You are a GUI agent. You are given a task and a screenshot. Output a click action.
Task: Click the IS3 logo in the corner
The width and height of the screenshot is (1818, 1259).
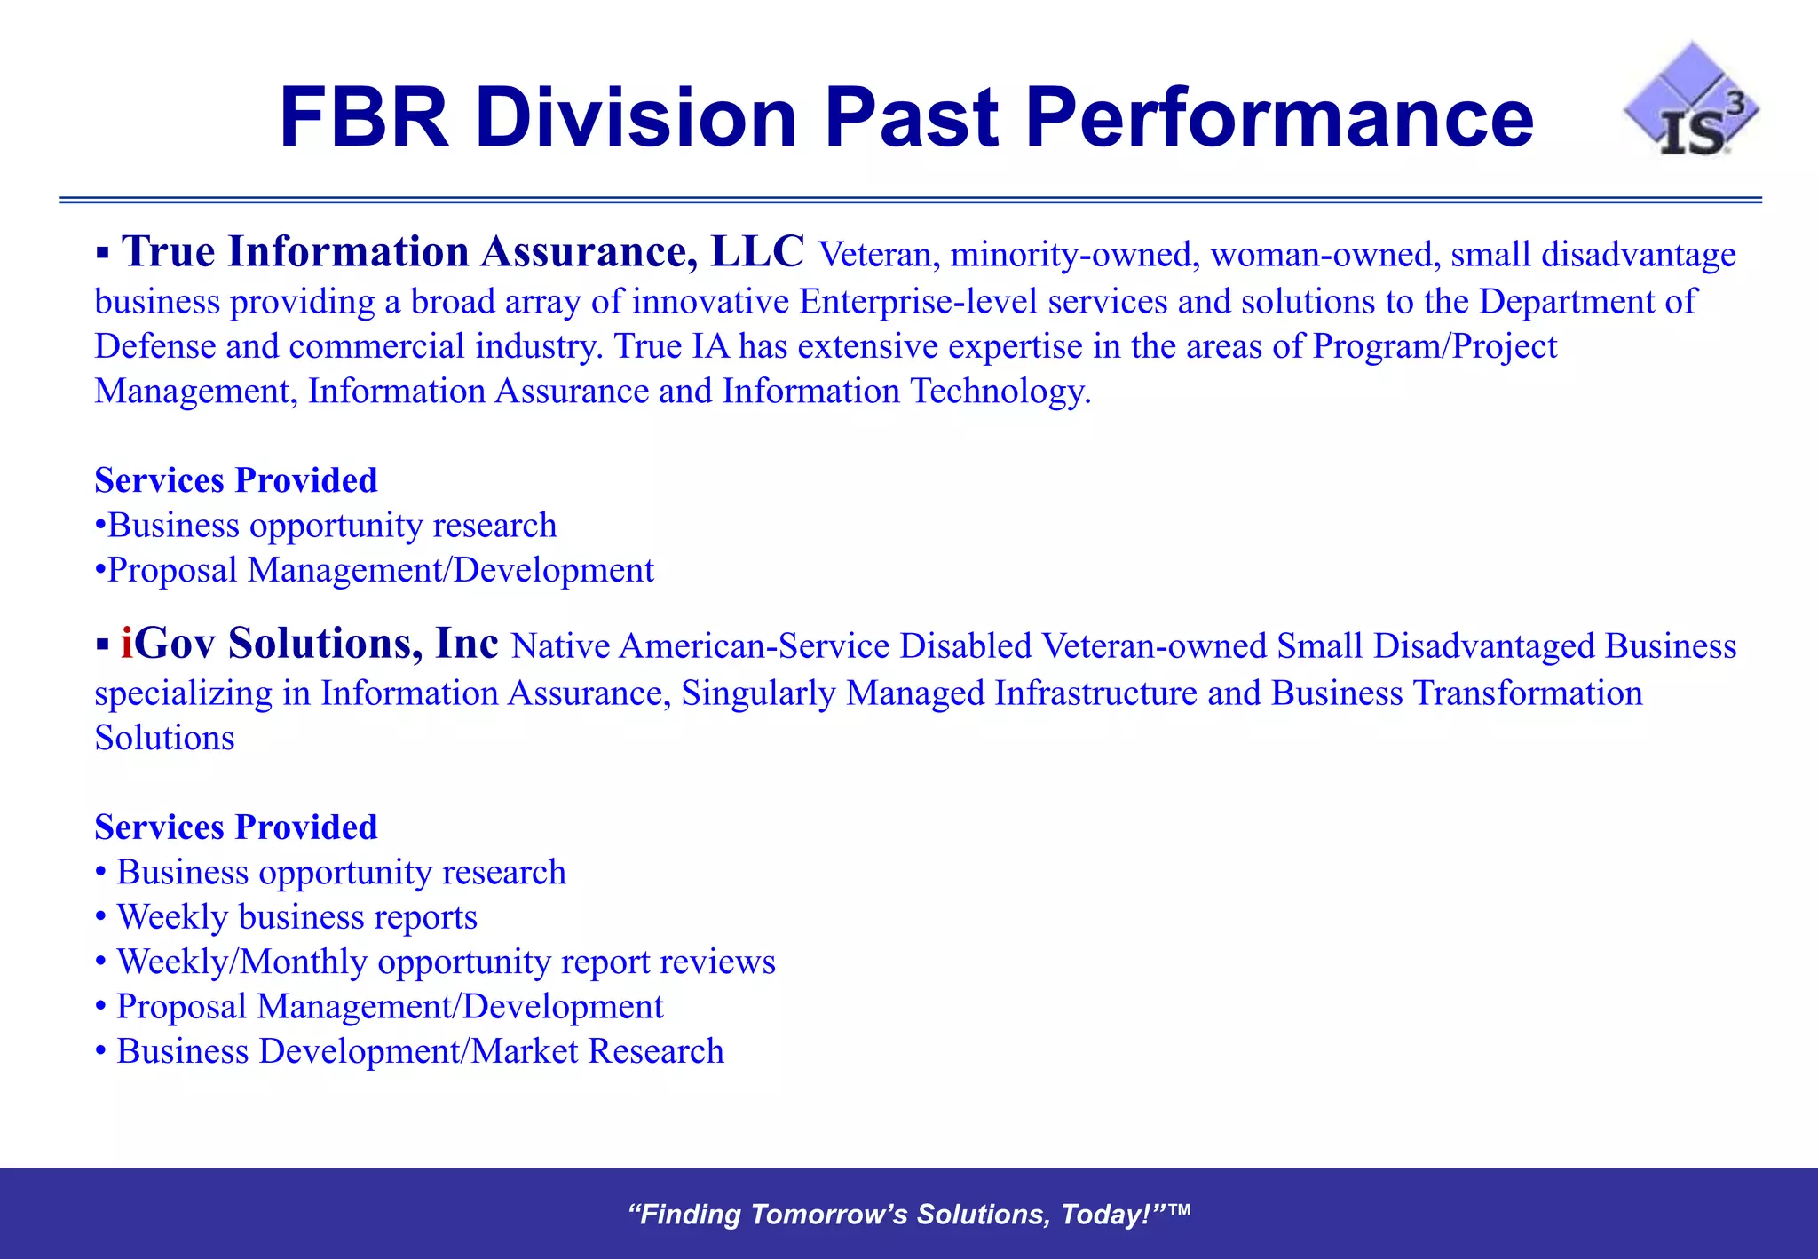(x=1691, y=102)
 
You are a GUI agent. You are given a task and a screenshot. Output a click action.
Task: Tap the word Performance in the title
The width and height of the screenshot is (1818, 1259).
(x=1278, y=118)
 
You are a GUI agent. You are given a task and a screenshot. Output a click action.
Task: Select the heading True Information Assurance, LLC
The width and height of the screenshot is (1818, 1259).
(x=462, y=252)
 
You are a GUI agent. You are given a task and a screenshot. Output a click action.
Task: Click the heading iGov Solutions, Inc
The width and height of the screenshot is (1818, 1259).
(x=310, y=644)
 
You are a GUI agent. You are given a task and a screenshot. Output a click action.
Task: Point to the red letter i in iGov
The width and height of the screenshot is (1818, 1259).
(x=127, y=644)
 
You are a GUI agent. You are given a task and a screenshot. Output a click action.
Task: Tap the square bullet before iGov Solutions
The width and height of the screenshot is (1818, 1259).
(x=103, y=645)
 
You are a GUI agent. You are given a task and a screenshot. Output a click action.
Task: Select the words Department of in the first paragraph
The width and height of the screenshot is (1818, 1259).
(x=1587, y=302)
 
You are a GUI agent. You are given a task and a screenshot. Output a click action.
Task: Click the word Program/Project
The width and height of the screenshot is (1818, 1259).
(x=1435, y=346)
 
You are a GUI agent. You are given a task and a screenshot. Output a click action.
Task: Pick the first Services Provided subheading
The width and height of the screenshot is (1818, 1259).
(x=236, y=480)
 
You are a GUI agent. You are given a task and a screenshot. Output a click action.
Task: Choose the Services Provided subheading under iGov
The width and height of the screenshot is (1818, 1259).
(x=236, y=827)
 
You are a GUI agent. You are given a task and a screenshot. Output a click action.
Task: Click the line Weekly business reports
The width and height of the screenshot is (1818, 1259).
(x=296, y=917)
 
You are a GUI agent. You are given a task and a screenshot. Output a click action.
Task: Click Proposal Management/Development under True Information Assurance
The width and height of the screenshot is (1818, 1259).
(x=380, y=571)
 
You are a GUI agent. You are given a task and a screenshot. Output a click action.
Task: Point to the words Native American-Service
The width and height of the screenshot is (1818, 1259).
(x=700, y=646)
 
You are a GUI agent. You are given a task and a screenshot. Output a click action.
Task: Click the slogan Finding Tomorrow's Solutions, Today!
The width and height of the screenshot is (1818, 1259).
(x=908, y=1215)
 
